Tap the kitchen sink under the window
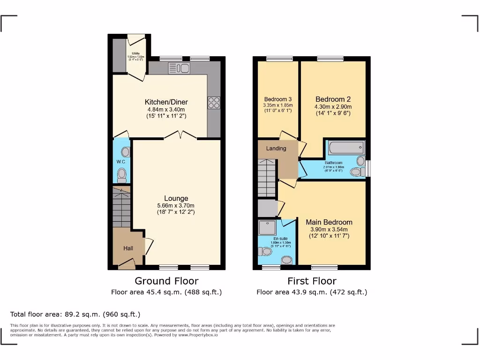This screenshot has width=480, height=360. click(179, 68)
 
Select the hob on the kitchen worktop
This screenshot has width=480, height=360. click(214, 102)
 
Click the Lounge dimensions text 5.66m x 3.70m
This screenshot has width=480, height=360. click(176, 205)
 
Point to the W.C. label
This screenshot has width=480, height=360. click(121, 162)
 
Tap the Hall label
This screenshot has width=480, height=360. click(128, 248)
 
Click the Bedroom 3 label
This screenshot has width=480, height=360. click(278, 99)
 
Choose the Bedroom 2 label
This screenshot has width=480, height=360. click(333, 99)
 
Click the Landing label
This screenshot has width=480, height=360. click(276, 149)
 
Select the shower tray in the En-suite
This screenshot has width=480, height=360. click(269, 228)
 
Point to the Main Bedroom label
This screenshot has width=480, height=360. click(329, 222)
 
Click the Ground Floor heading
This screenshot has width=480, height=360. click(166, 281)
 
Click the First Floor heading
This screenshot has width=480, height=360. click(312, 281)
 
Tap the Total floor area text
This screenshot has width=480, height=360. click(75, 314)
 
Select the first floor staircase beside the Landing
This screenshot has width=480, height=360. click(267, 177)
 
